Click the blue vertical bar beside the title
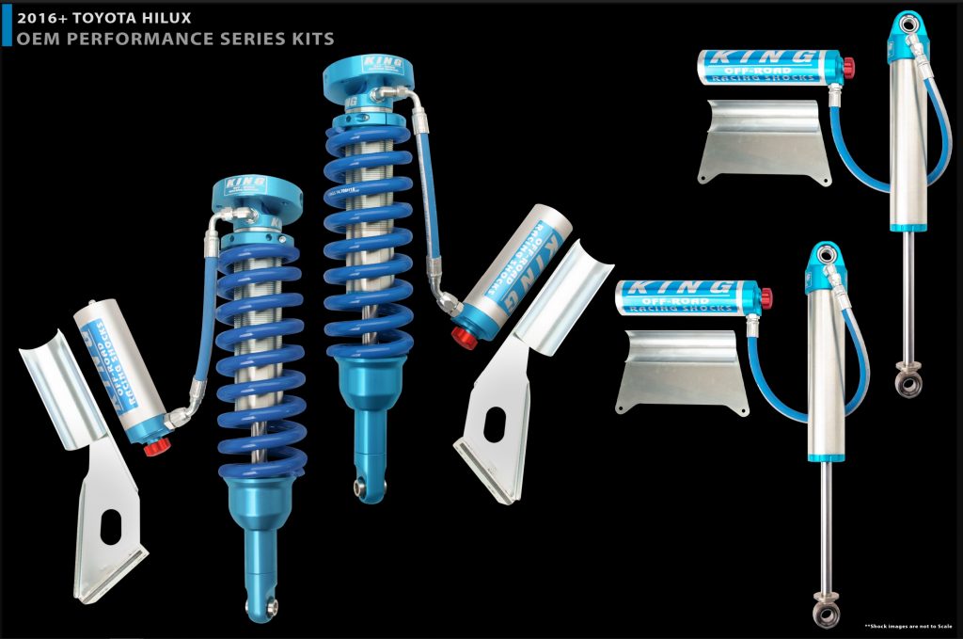[7, 24]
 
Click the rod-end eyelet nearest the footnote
[827, 613]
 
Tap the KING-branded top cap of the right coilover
[370, 68]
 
